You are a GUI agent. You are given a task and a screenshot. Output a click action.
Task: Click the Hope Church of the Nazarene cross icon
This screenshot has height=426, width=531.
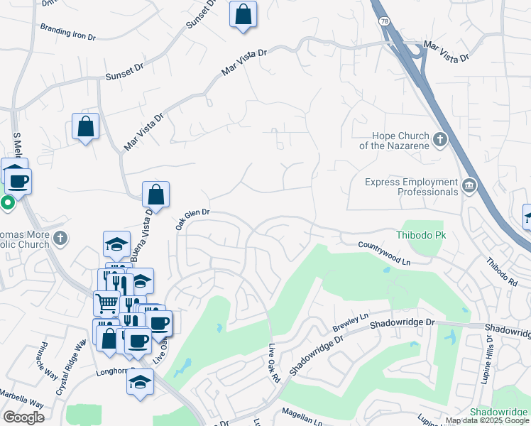440,139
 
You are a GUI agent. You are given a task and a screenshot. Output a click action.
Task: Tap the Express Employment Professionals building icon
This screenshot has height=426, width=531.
469,186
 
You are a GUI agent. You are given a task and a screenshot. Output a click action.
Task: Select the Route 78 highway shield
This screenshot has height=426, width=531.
383,22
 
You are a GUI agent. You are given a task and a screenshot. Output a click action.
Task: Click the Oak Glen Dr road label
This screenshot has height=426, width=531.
192,218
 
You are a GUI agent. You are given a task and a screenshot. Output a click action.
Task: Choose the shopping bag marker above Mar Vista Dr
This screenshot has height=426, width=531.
243,13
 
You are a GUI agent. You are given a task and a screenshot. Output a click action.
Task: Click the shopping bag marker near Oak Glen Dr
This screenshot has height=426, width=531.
155,195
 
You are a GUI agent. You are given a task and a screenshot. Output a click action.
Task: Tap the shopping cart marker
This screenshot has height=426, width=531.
106,303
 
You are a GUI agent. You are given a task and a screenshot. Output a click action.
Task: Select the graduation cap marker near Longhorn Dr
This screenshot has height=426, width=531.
141,381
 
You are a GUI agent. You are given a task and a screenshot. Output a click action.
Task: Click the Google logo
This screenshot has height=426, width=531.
23,417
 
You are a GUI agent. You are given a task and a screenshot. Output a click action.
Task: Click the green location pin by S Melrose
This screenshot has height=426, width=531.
8,204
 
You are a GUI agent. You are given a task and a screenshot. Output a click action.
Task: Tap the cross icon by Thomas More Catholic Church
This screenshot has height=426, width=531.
60,238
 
